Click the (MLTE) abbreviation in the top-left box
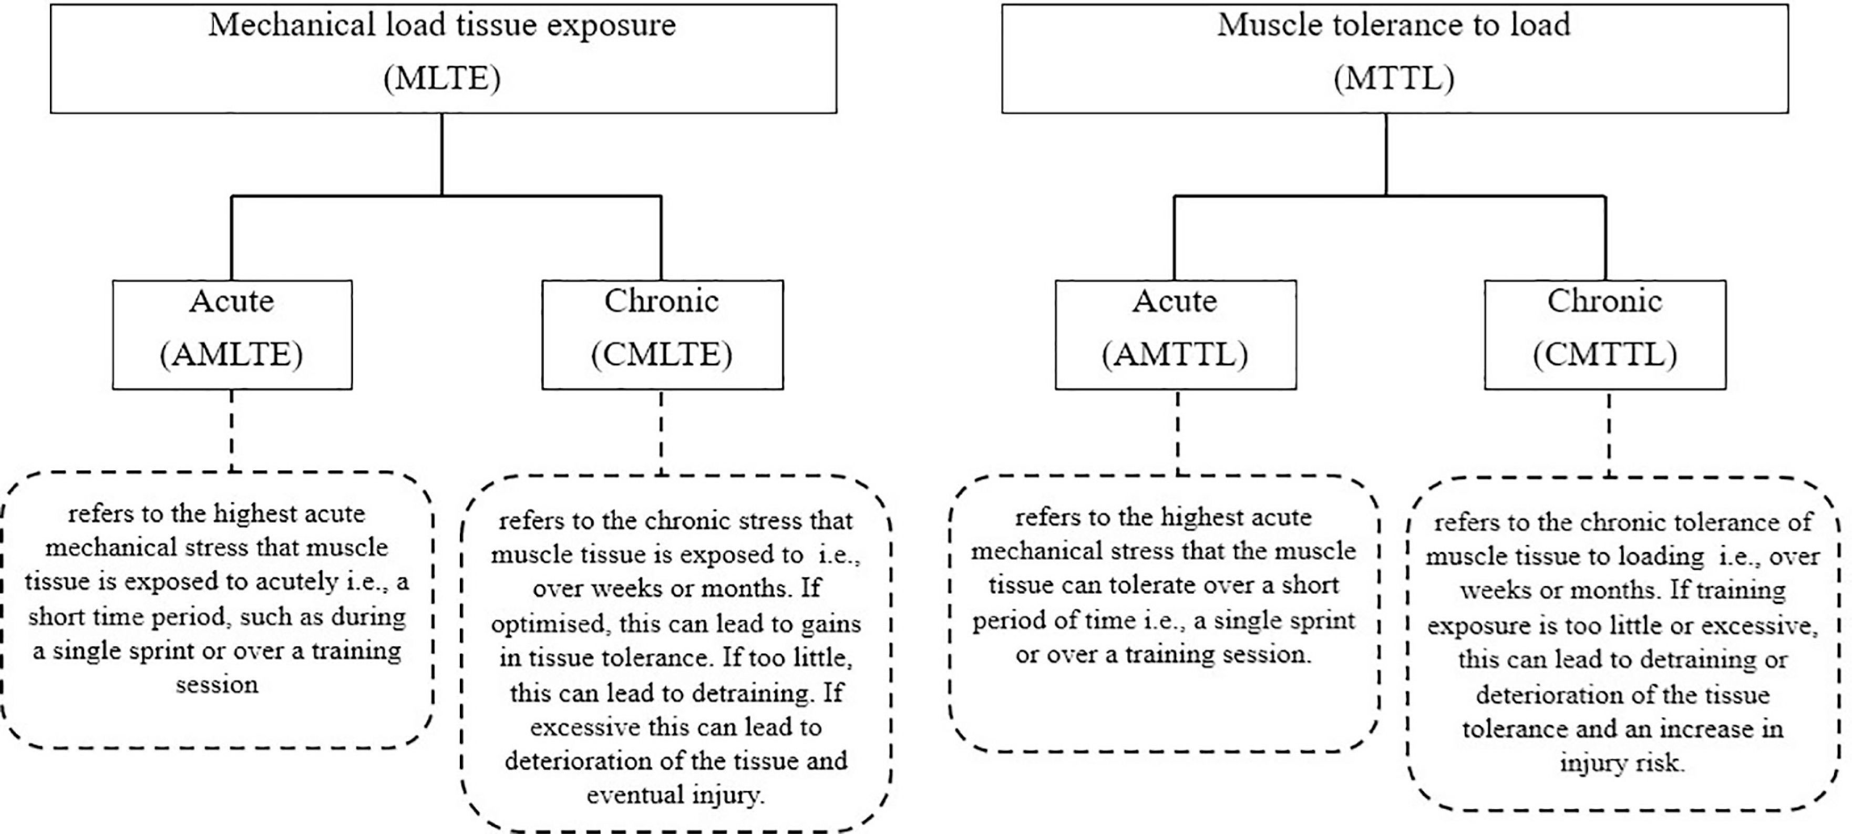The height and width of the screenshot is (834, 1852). point(442,78)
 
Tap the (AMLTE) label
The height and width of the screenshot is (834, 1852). point(231,354)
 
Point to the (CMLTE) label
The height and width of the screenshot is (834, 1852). point(662,354)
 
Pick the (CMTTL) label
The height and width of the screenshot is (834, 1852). point(1604,354)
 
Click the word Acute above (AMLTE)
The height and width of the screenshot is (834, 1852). point(231,301)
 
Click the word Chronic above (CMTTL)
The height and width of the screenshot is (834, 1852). point(1604,301)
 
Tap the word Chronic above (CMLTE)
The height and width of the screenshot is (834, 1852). point(662,301)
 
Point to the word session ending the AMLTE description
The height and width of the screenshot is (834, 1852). point(217,684)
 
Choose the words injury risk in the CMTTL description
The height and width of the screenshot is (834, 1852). point(1622,762)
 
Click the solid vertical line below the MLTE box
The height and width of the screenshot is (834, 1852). point(442,154)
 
